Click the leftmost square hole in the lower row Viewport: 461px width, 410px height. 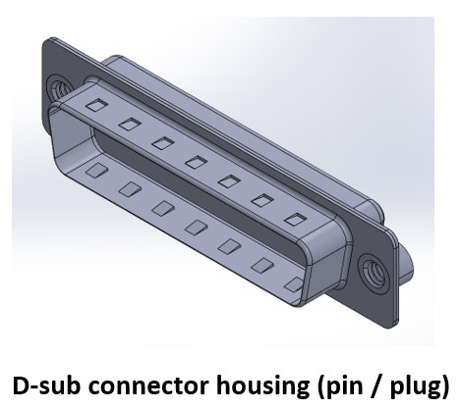pos(96,169)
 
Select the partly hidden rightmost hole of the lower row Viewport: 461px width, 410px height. pos(292,283)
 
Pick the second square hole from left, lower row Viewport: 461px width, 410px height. pos(129,188)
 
